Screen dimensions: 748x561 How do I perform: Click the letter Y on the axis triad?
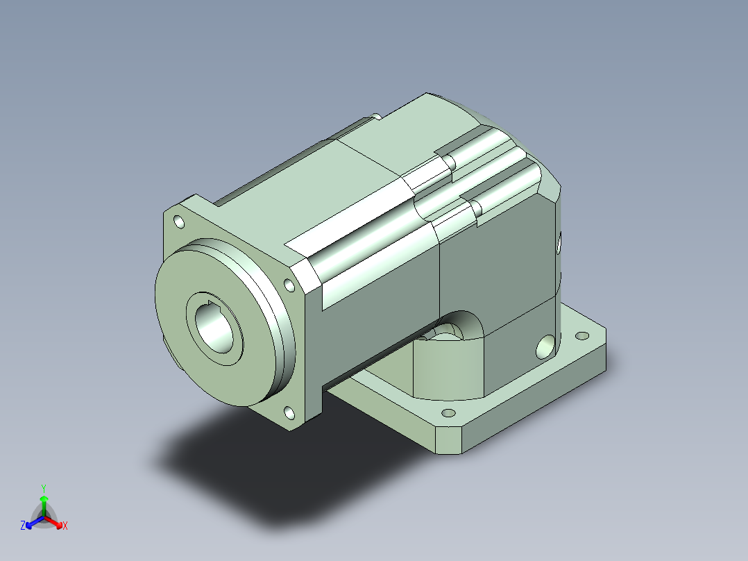[x=44, y=488]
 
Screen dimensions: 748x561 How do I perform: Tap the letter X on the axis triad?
[x=65, y=526]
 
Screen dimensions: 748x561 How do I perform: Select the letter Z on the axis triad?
[x=23, y=525]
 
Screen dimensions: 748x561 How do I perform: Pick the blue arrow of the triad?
[x=35, y=522]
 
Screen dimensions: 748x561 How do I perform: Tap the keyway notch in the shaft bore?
[x=209, y=307]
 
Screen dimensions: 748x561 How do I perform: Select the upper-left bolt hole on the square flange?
[x=179, y=222]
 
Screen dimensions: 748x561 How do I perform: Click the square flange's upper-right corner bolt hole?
[x=289, y=285]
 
